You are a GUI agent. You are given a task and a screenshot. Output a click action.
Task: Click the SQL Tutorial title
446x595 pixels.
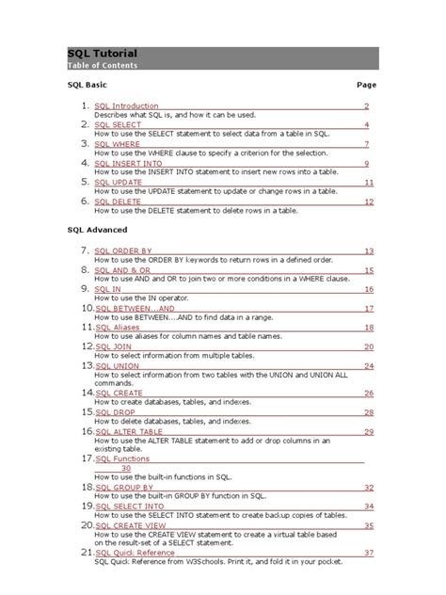point(103,54)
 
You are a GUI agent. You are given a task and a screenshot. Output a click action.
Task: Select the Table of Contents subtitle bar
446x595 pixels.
point(223,66)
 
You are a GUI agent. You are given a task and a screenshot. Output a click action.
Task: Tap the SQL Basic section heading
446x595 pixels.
point(87,85)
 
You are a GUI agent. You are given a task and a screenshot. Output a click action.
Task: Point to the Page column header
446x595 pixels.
point(366,85)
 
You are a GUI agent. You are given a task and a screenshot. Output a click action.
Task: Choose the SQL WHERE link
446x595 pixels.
point(118,144)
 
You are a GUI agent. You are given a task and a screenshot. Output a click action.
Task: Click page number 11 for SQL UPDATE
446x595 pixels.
point(370,183)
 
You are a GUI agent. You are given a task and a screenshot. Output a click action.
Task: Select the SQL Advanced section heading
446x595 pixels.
point(97,230)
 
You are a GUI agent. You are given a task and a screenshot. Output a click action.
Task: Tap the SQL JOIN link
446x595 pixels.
point(114,346)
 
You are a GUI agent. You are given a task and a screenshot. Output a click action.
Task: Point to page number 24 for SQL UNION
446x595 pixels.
point(370,365)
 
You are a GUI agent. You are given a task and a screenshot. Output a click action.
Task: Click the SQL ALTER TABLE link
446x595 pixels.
point(130,430)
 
